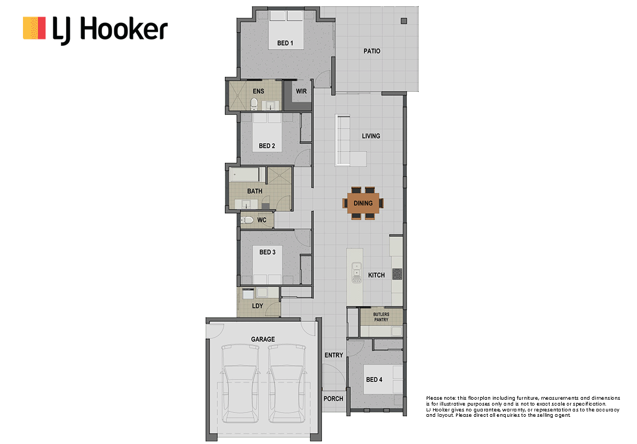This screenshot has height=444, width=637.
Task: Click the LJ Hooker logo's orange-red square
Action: (34, 28)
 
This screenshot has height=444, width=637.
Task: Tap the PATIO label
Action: (372, 51)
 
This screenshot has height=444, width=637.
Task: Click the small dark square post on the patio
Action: (404, 21)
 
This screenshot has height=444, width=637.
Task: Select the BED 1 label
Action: (285, 43)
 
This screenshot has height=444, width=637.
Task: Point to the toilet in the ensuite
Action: (254, 104)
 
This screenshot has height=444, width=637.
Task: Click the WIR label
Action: (302, 91)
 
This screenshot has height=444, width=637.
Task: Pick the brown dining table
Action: (363, 203)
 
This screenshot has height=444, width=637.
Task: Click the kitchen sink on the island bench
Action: (357, 272)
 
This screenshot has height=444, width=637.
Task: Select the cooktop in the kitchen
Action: (397, 274)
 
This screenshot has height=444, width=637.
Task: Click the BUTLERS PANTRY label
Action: (381, 317)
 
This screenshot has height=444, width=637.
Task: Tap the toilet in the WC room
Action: (247, 220)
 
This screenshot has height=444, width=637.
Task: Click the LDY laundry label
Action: (257, 306)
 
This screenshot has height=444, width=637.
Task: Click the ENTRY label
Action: (334, 355)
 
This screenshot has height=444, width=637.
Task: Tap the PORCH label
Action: (334, 399)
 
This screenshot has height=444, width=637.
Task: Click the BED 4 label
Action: (374, 379)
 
